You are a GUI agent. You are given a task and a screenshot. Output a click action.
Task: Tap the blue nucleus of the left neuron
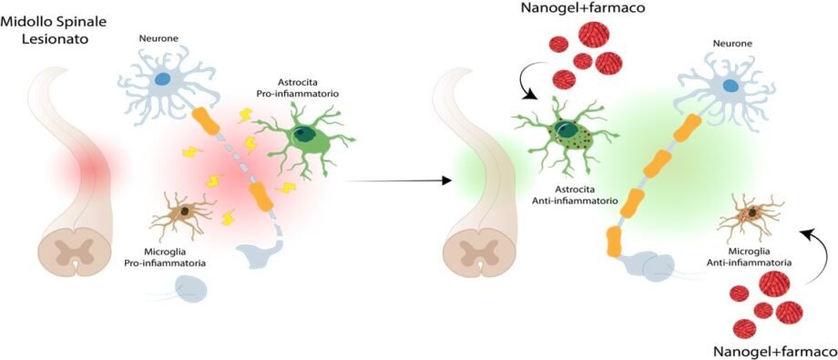[x=162, y=78]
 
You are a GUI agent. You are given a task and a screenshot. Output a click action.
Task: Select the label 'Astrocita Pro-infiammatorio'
[x=310, y=88]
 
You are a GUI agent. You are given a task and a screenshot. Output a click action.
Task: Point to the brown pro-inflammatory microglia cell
[x=183, y=214]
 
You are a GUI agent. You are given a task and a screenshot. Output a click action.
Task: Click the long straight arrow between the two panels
[x=399, y=180]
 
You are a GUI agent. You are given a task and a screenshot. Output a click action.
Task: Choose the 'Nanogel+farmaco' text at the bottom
[x=775, y=352]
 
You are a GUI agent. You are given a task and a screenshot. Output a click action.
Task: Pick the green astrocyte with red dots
[x=566, y=136]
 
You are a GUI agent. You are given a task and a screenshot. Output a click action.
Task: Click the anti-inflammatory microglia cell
[x=751, y=216]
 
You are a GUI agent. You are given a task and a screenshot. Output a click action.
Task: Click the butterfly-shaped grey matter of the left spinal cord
[x=75, y=251]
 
